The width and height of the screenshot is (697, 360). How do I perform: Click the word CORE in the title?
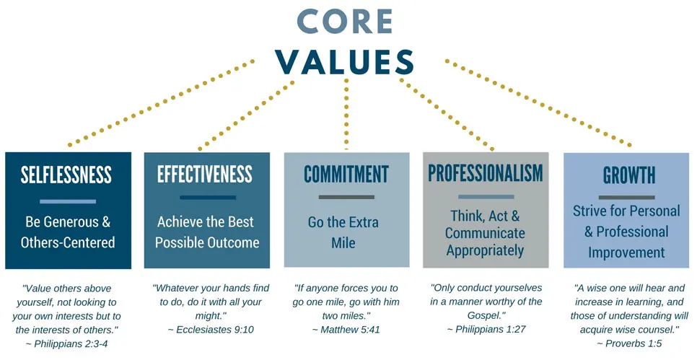[344, 21]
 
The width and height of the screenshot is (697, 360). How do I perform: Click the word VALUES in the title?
[344, 61]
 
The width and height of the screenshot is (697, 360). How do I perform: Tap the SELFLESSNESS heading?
[66, 175]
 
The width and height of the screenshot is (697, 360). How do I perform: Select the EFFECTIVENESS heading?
[205, 174]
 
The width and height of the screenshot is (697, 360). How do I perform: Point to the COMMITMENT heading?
[346, 174]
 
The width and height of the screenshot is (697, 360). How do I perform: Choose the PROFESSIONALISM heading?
[486, 173]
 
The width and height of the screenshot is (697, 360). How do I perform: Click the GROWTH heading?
[629, 175]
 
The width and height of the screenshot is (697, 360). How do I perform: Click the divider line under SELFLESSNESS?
[68, 201]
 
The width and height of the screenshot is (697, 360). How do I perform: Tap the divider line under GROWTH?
[627, 198]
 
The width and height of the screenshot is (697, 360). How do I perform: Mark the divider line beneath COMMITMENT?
[347, 197]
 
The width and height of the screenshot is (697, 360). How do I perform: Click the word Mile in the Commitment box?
[343, 243]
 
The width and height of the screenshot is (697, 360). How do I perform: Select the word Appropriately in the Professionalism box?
[485, 250]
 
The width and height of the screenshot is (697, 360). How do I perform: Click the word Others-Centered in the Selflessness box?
[68, 242]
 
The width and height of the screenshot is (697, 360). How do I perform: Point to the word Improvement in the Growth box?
[626, 253]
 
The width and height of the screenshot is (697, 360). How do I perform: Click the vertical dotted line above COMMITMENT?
[346, 114]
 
